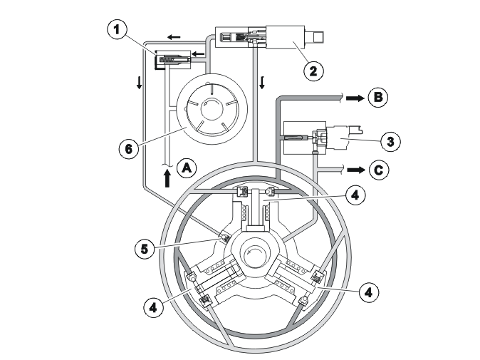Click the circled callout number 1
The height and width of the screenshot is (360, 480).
(x=117, y=29)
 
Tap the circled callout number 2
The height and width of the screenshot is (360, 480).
(x=313, y=71)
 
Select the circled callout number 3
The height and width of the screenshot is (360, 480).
(x=390, y=142)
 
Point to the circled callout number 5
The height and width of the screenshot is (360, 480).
(x=145, y=249)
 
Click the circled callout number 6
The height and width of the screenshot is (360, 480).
(x=129, y=149)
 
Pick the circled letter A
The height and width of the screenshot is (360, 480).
(x=187, y=168)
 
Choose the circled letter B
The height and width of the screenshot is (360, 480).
(x=378, y=98)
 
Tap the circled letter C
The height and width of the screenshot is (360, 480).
(x=379, y=170)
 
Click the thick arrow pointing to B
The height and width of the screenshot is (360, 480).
(x=355, y=98)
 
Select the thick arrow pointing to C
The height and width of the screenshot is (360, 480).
(x=356, y=170)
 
